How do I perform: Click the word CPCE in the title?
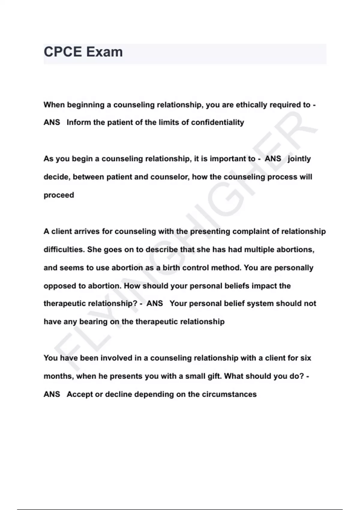[63, 52]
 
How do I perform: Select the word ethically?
[251, 105]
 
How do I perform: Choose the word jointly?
[299, 159]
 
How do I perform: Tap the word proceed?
[59, 195]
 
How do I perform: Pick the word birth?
[171, 268]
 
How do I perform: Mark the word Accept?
[80, 394]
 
